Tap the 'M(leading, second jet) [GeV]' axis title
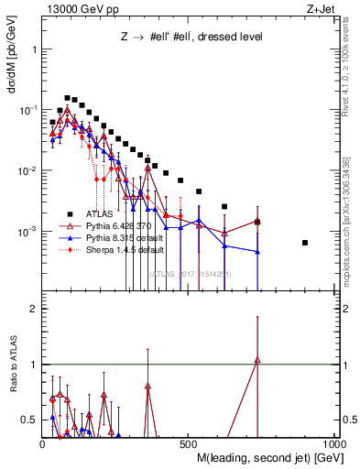pyautogui.click(x=266, y=459)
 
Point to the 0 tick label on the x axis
pyautogui.click(x=43, y=444)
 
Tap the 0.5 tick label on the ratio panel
pyautogui.click(x=29, y=420)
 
